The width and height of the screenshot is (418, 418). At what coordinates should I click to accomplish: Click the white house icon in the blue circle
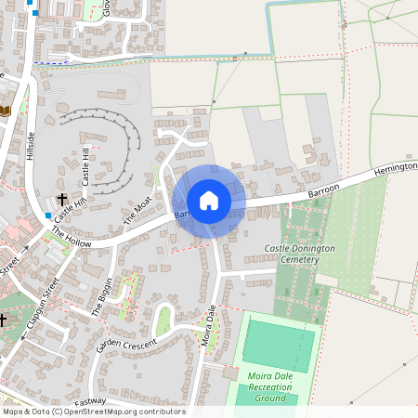(x=209, y=201)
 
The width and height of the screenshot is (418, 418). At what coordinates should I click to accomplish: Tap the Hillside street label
(x=33, y=144)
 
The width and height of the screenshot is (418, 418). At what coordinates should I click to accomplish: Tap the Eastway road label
(x=91, y=402)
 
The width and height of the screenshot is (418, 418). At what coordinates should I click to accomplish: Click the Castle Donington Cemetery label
(x=305, y=255)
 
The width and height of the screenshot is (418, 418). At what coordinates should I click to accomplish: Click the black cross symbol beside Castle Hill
(x=62, y=200)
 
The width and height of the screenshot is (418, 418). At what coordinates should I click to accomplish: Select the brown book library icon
(x=6, y=111)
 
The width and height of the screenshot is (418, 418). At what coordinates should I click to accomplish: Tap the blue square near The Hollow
(x=47, y=216)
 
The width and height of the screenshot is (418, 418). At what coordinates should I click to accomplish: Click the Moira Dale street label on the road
(x=208, y=326)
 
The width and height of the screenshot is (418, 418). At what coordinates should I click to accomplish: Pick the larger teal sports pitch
(x=278, y=345)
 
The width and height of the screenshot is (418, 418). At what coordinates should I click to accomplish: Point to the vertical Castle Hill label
(x=85, y=164)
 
